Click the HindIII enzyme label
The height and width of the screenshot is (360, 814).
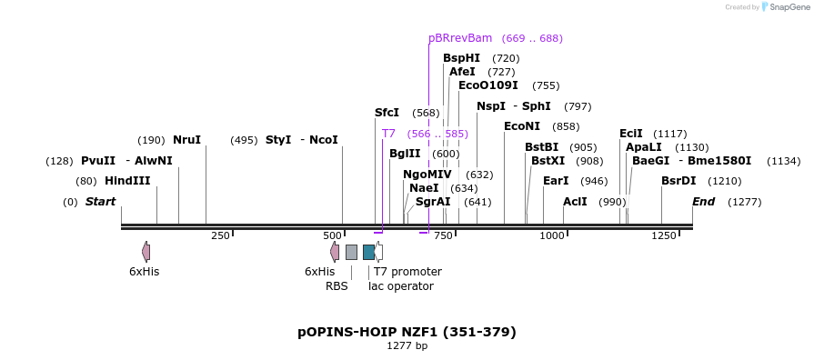point(127,181)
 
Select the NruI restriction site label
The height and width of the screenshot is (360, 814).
point(186,140)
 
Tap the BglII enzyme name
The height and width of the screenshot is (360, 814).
point(405,154)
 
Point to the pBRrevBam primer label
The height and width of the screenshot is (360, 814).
point(460,38)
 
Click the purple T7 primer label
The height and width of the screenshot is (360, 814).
point(388,134)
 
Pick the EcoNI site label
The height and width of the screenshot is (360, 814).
point(522,126)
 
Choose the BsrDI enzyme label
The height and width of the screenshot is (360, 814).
point(678,181)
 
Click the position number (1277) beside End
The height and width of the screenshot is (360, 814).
point(745,203)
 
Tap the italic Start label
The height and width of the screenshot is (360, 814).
point(101,202)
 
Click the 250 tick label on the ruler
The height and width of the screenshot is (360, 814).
point(221,236)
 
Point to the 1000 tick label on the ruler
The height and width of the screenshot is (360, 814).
point(552,236)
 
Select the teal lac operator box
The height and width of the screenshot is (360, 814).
point(368,253)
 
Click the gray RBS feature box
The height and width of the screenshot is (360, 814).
point(351,253)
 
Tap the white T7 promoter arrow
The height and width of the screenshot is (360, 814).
point(379,252)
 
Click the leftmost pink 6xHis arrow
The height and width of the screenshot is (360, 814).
point(146,252)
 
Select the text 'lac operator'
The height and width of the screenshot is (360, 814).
point(401,286)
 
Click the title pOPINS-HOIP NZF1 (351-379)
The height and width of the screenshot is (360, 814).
point(407,332)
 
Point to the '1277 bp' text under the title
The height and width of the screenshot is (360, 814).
point(407,346)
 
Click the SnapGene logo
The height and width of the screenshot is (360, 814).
point(786,7)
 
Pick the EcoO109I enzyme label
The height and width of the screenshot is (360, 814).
point(488,85)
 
